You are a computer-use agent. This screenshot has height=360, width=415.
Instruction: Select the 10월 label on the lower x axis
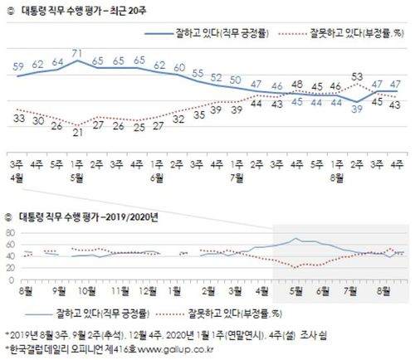coord(85,291)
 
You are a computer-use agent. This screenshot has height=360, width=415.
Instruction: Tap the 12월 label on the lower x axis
coord(149,291)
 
